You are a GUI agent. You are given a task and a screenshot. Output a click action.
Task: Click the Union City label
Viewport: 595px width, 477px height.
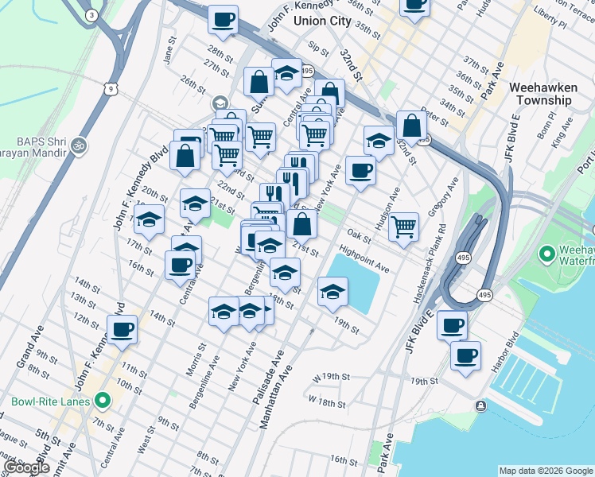pos(322,21)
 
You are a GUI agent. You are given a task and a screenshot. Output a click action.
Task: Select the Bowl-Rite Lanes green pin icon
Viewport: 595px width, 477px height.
pos(101,401)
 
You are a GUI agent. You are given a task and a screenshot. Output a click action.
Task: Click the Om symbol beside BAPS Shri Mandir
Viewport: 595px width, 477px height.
pos(78,145)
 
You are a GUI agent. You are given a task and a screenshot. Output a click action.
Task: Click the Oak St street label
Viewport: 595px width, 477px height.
pos(360,236)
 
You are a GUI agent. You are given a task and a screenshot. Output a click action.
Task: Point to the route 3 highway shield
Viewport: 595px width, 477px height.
pos(92,16)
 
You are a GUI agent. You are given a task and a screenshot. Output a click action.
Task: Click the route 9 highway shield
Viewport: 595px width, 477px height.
pos(111,87)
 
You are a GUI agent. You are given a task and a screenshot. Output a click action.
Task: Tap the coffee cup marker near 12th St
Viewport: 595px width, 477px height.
pos(122,330)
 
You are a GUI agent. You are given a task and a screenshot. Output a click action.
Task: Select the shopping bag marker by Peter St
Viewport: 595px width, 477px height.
pos(411,126)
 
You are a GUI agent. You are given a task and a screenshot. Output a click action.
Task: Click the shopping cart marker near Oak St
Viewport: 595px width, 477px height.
pos(404,227)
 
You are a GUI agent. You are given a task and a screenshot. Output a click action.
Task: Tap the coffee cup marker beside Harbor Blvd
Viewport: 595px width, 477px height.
pos(465,356)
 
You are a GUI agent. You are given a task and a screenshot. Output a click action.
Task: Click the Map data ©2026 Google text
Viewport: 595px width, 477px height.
pos(545,471)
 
